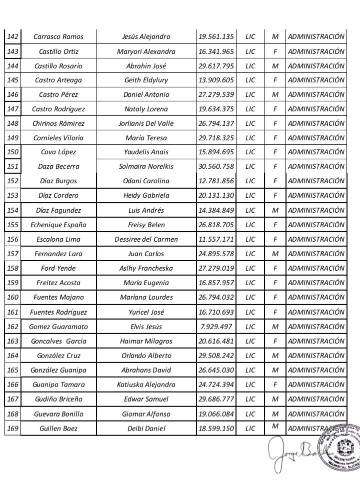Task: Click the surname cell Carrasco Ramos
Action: pyautogui.click(x=58, y=36)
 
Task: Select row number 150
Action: pyautogui.click(x=13, y=152)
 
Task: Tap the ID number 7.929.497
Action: pyautogui.click(x=216, y=327)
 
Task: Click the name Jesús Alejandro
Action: pyautogui.click(x=146, y=36)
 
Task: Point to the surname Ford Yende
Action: pyautogui.click(x=58, y=268)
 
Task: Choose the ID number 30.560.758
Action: pyautogui.click(x=216, y=166)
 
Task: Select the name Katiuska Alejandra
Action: pyautogui.click(x=146, y=385)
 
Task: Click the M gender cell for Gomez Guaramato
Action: pyautogui.click(x=275, y=327)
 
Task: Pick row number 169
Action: pyautogui.click(x=13, y=428)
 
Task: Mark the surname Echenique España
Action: pyautogui.click(x=58, y=225)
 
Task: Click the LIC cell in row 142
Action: pyautogui.click(x=250, y=36)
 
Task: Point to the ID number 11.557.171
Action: pyautogui.click(x=216, y=239)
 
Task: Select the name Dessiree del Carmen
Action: pyautogui.click(x=146, y=239)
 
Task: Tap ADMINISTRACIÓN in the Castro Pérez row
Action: pyautogui.click(x=316, y=94)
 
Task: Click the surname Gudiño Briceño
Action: pyautogui.click(x=58, y=399)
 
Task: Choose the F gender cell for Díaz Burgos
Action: pyautogui.click(x=275, y=181)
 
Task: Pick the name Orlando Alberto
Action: pyautogui.click(x=146, y=356)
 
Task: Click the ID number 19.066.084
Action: pyautogui.click(x=216, y=414)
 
